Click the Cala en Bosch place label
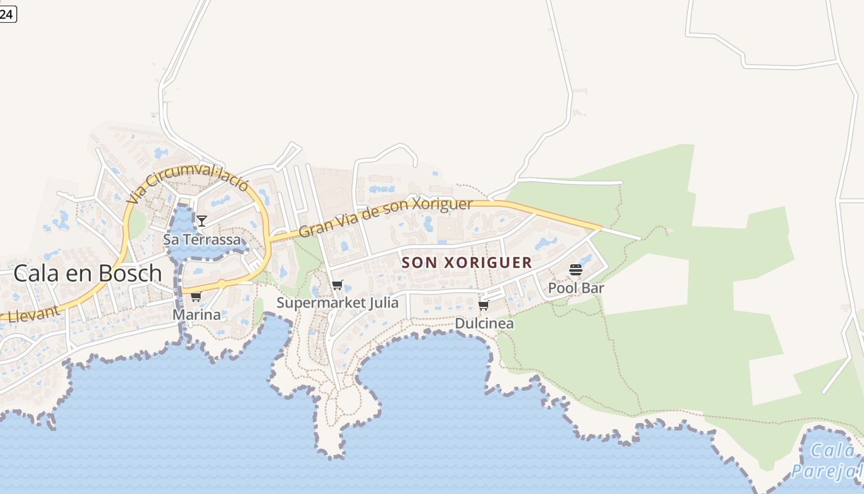click(87, 273)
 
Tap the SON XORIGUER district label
click(467, 262)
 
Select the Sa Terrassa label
click(202, 240)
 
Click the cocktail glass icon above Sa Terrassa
click(202, 220)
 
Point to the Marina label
click(196, 315)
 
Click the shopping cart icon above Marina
click(196, 297)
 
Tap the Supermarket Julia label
click(337, 303)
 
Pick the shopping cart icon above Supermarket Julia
click(337, 285)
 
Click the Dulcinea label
click(484, 323)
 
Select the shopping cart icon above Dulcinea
click(484, 306)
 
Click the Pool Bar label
click(576, 288)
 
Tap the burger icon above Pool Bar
click(576, 270)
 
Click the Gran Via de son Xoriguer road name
click(385, 217)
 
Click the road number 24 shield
click(7, 14)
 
